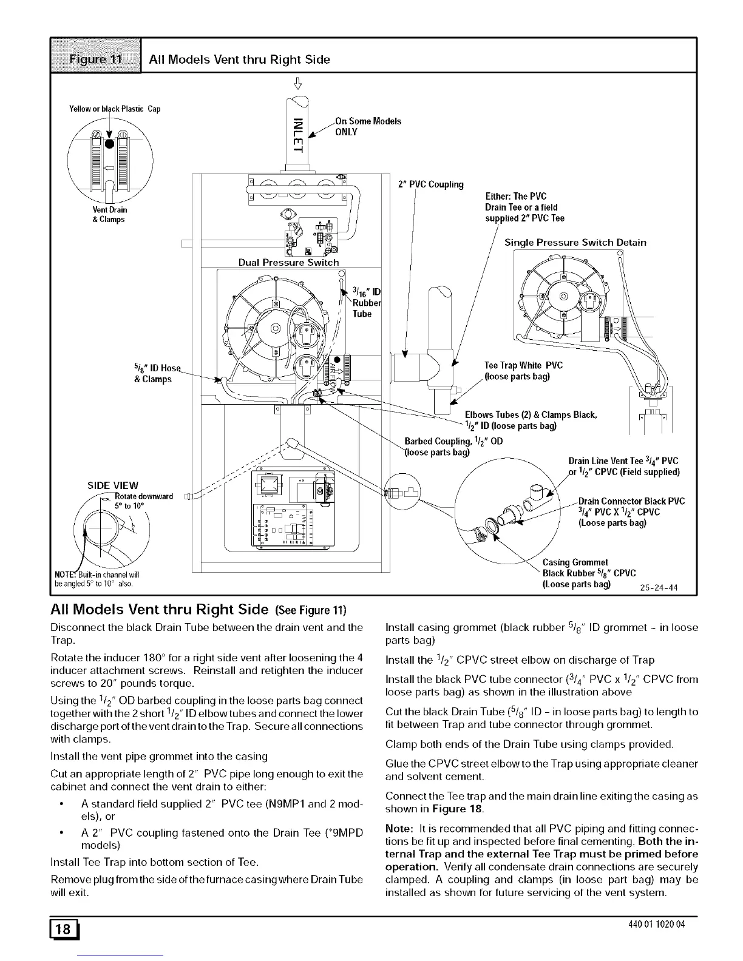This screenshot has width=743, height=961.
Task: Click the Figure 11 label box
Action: click(x=96, y=59)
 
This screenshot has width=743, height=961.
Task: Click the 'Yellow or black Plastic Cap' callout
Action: click(x=115, y=109)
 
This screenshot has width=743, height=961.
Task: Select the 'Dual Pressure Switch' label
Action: click(x=288, y=263)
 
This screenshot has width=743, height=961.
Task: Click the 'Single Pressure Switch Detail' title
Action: click(x=575, y=243)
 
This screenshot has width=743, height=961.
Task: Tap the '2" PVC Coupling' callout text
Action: click(x=430, y=184)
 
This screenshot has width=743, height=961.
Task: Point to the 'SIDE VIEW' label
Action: click(x=113, y=485)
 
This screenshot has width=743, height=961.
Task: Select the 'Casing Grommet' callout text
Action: click(x=575, y=562)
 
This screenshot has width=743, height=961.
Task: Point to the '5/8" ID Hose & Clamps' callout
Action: click(x=153, y=374)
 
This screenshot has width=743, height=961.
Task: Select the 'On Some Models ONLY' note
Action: click(x=368, y=126)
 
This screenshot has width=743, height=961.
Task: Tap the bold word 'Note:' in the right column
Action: click(x=398, y=829)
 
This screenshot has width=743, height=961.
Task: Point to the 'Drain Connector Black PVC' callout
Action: click(x=631, y=501)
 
